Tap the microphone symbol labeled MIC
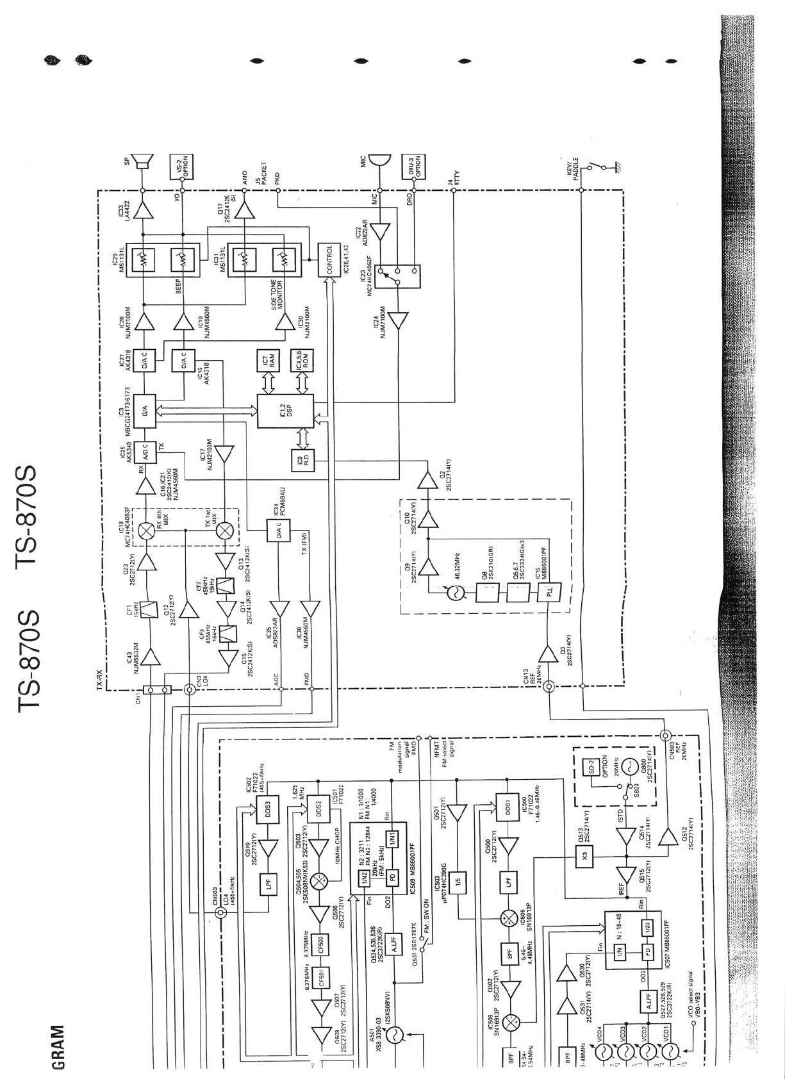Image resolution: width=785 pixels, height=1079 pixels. [379, 161]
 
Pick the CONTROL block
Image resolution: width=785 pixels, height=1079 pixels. [329, 260]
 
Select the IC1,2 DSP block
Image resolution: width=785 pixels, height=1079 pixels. [285, 411]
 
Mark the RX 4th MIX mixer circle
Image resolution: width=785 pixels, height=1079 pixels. [147, 530]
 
